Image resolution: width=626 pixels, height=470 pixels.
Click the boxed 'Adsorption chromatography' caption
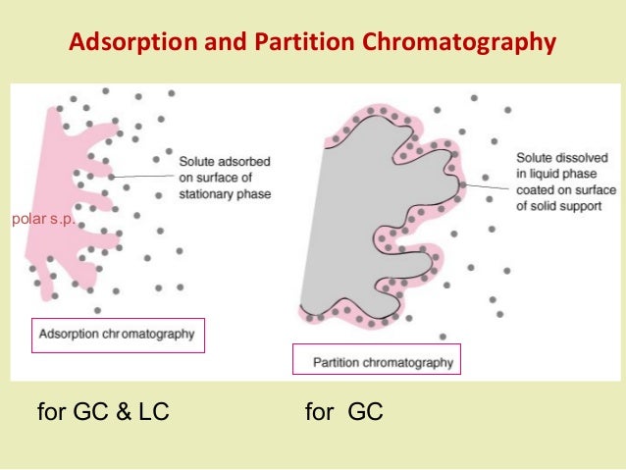[117, 334]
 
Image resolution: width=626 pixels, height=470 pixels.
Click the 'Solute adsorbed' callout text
[225, 162]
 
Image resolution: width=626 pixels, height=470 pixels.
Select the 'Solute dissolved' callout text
[562, 158]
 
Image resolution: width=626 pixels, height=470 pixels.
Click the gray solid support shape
[353, 226]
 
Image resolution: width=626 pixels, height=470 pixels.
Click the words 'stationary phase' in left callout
[225, 194]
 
